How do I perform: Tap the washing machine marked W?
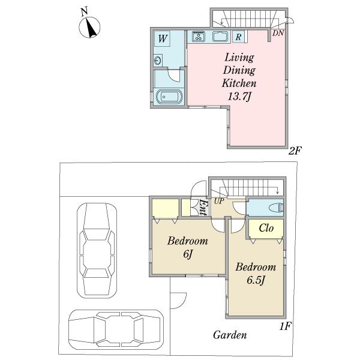pyautogui.click(x=162, y=38)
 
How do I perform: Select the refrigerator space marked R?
pyautogui.click(x=239, y=37)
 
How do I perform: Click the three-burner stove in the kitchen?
pyautogui.click(x=199, y=36)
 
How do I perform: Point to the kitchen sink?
pyautogui.click(x=221, y=37)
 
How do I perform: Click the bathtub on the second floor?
pyautogui.click(x=169, y=97)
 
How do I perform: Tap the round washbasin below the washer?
pyautogui.click(x=158, y=61)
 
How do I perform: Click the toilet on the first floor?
pyautogui.click(x=276, y=208)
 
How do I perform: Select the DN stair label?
pyautogui.click(x=278, y=33)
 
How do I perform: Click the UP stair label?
pyautogui.click(x=219, y=201)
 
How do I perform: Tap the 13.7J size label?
pyautogui.click(x=239, y=97)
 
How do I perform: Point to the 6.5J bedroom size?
pyautogui.click(x=256, y=280)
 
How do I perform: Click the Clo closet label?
pyautogui.click(x=266, y=228)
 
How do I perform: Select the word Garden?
pyautogui.click(x=230, y=335)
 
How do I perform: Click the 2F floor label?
pyautogui.click(x=295, y=151)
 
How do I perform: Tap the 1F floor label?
pyautogui.click(x=285, y=326)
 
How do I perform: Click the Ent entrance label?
pyautogui.click(x=203, y=208)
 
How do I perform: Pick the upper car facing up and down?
pyautogui.click(x=97, y=250)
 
